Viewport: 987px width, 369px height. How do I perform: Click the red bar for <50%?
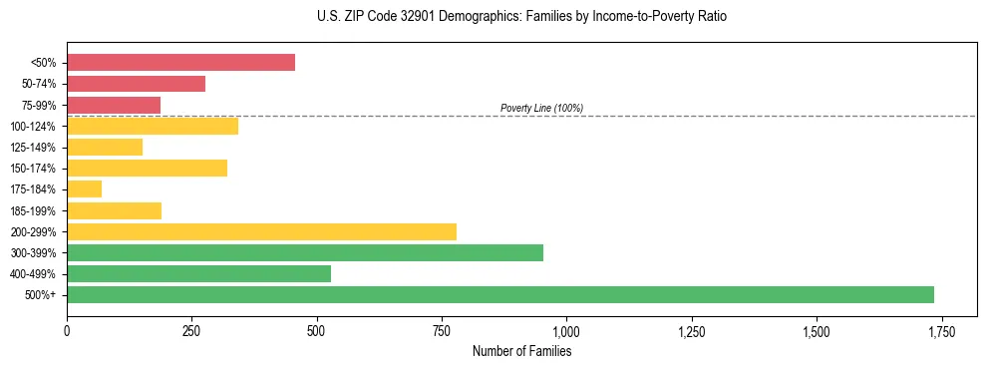coord(180,63)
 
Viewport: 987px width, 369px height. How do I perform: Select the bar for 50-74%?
coord(136,84)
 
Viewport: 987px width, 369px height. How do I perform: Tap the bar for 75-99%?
coord(114,105)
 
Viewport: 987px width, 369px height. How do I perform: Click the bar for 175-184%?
coord(84,188)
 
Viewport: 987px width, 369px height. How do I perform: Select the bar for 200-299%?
coord(261,231)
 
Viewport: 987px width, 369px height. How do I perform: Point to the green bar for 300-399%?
coord(305,252)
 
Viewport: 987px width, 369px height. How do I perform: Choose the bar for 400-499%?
coord(198,273)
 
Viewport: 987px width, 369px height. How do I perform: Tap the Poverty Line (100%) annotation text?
coord(541,108)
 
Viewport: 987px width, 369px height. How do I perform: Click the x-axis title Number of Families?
coord(521,351)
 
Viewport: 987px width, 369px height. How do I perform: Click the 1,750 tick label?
coord(941,331)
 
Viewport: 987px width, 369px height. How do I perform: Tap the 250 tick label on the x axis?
coord(191,331)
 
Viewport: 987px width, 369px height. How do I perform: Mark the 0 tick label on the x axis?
coord(67,331)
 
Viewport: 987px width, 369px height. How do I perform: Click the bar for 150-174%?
coord(147,168)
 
